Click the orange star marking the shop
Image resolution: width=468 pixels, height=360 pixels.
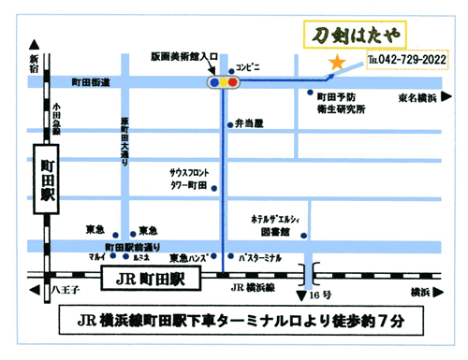(334, 63)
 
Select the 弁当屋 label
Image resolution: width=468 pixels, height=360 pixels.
(249, 122)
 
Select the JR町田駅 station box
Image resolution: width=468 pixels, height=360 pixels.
(151, 279)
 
